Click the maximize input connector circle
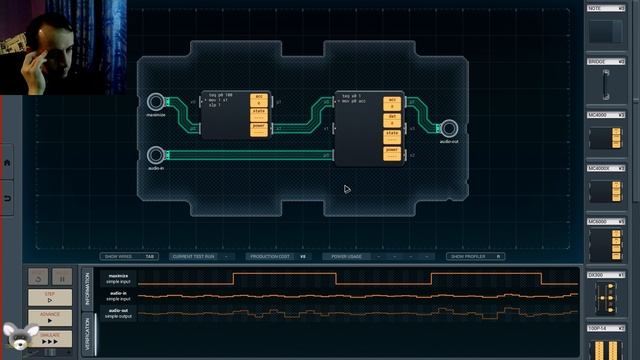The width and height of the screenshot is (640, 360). (155, 102)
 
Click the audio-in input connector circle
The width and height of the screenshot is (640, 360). (155, 155)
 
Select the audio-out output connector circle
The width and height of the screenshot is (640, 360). (448, 128)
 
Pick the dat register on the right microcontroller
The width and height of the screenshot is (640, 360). (392, 119)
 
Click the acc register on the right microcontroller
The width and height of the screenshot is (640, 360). (392, 104)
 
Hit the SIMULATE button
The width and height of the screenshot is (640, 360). (49, 339)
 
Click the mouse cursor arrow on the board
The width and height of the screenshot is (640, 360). (346, 188)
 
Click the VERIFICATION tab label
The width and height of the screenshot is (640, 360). (86, 334)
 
